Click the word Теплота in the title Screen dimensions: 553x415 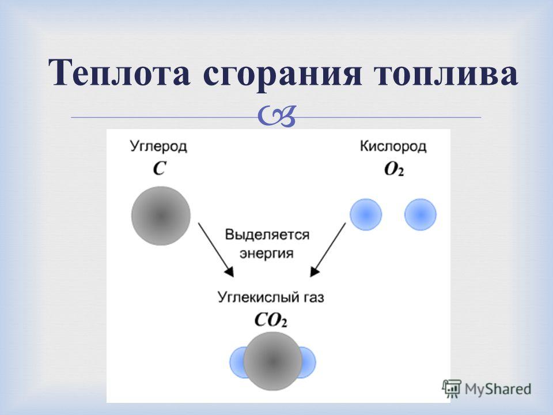click(120, 73)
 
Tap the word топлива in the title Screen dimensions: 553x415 click(445, 75)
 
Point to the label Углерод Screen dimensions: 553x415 click(158, 146)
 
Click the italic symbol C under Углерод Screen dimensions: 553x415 click(160, 168)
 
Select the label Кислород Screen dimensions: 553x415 click(393, 146)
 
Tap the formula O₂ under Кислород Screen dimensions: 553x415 click(394, 169)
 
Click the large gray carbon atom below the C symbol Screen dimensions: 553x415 click(161, 216)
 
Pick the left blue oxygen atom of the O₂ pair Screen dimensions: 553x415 click(366, 214)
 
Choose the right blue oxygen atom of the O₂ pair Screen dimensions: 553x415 click(421, 214)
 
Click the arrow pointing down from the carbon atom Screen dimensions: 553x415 click(216, 250)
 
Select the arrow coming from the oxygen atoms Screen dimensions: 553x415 click(328, 250)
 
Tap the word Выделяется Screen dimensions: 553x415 click(267, 235)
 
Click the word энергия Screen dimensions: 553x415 click(266, 254)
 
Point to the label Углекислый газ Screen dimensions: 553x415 click(271, 297)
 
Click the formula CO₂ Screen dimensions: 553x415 click(271, 320)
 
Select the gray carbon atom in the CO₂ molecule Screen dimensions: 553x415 click(272, 361)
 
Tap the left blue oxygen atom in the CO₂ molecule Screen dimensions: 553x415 click(237, 363)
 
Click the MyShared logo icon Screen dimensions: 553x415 click(452, 389)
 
